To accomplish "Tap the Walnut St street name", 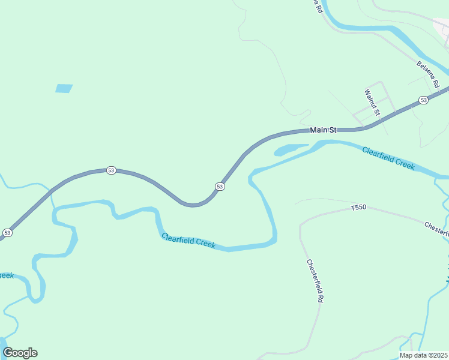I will click(373, 103).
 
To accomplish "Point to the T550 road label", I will click(358, 208).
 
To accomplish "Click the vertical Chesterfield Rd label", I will click(315, 281).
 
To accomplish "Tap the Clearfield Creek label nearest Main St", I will click(388, 158).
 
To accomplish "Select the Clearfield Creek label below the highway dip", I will click(188, 241).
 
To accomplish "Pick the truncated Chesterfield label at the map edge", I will click(436, 228).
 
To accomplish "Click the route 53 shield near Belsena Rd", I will click(424, 100).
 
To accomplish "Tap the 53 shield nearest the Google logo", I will click(7, 232).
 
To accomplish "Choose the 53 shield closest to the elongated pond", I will click(220, 187).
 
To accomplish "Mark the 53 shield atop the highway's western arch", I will click(111, 170).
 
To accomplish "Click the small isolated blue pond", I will click(64, 88).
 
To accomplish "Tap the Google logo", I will click(20, 353).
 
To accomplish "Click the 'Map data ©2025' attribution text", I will click(424, 355).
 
